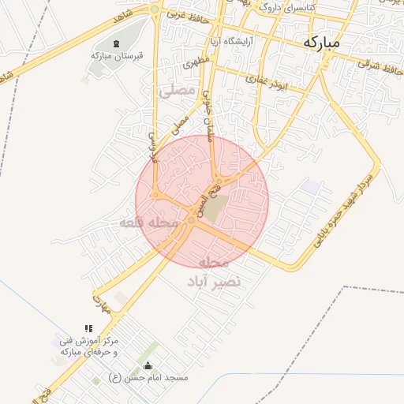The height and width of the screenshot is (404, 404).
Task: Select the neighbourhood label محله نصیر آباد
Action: (x=214, y=271)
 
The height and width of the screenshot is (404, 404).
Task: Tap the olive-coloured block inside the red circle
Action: (x=218, y=207)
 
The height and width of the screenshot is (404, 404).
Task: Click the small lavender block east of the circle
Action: (x=312, y=186)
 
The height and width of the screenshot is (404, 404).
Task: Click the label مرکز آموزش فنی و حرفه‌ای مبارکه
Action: (x=89, y=345)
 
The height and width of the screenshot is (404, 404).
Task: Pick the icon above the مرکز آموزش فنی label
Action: (x=88, y=328)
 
